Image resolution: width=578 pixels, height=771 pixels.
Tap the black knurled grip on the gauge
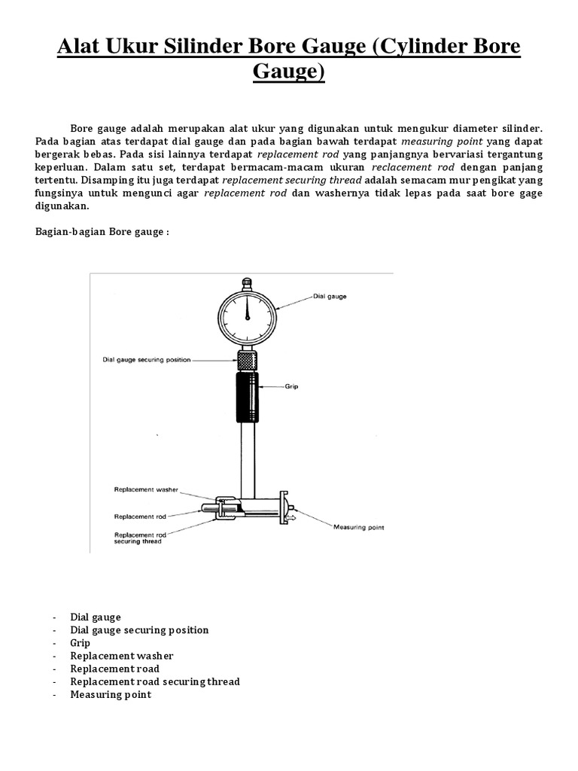pyautogui.click(x=246, y=397)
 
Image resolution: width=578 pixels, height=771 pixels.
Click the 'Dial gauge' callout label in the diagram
pyautogui.click(x=331, y=297)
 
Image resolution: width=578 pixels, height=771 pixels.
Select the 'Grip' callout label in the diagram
pyautogui.click(x=292, y=387)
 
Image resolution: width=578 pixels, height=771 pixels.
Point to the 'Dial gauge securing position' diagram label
pyautogui.click(x=147, y=360)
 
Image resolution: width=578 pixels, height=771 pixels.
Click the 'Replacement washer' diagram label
pyautogui.click(x=147, y=489)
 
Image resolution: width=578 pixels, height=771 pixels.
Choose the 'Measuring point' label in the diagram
pyautogui.click(x=358, y=527)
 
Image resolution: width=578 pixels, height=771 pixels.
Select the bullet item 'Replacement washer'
pyautogui.click(x=121, y=656)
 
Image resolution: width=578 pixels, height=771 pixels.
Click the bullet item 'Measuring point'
pyautogui.click(x=111, y=694)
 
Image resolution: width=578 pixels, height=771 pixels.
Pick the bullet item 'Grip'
pyautogui.click(x=80, y=643)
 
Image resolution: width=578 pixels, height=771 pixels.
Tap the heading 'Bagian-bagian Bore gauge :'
pyautogui.click(x=102, y=232)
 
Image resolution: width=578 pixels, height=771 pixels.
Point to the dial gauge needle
pyautogui.click(x=246, y=307)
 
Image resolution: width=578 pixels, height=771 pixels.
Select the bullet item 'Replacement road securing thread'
pyautogui.click(x=155, y=681)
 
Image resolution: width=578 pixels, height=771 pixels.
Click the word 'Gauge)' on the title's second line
pyautogui.click(x=289, y=74)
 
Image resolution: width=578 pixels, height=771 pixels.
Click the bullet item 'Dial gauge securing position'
pyautogui.click(x=139, y=630)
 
